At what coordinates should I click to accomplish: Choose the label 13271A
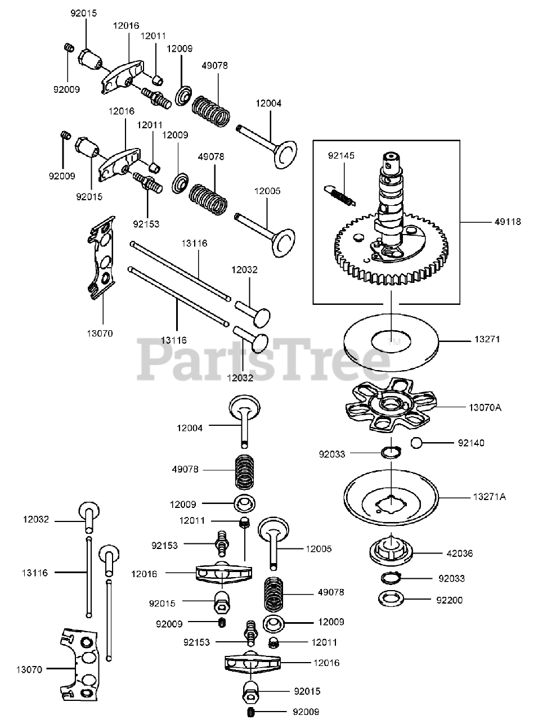pyautogui.click(x=490, y=497)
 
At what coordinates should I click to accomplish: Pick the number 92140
pyautogui.click(x=470, y=443)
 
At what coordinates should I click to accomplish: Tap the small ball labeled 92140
pyautogui.click(x=418, y=443)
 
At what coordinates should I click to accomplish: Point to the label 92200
pyautogui.click(x=449, y=600)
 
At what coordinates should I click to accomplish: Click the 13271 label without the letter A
pyautogui.click(x=487, y=340)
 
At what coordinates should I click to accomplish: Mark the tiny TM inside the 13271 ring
pyautogui.click(x=394, y=341)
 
